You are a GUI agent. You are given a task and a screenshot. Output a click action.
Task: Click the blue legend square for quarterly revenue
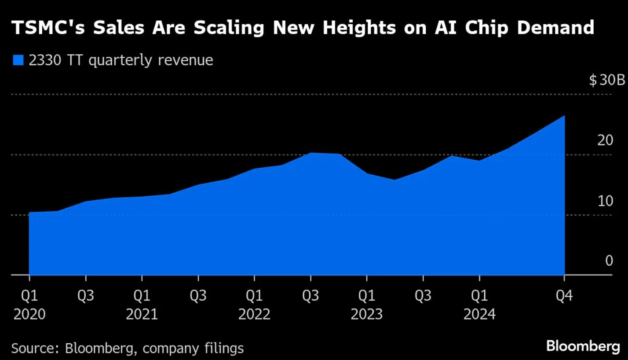18,60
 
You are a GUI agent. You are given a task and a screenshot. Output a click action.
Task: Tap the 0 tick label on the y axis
609,261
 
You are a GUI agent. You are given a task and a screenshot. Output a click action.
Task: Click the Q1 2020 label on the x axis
29,296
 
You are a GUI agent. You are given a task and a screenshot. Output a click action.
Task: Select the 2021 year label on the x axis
142,315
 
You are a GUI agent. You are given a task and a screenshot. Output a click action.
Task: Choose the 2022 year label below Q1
255,315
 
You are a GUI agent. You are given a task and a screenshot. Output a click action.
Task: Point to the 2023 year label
367,315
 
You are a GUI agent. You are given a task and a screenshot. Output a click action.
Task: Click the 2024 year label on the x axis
479,315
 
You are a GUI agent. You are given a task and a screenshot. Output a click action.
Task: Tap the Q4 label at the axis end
564,296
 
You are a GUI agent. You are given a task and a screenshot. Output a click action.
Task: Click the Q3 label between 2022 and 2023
311,296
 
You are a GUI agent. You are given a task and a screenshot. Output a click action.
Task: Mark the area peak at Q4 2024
564,116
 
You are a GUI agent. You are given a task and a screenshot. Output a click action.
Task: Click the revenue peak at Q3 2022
311,153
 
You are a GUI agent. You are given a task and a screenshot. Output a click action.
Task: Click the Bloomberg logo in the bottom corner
583,346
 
